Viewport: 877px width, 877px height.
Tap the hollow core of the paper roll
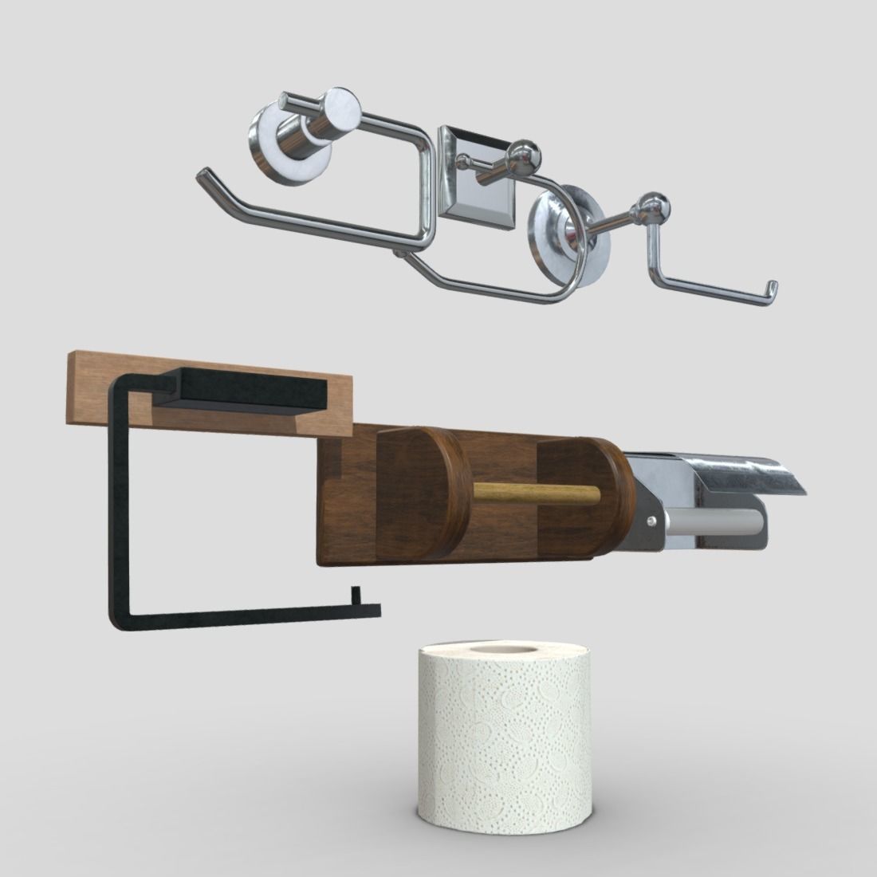tap(502, 651)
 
